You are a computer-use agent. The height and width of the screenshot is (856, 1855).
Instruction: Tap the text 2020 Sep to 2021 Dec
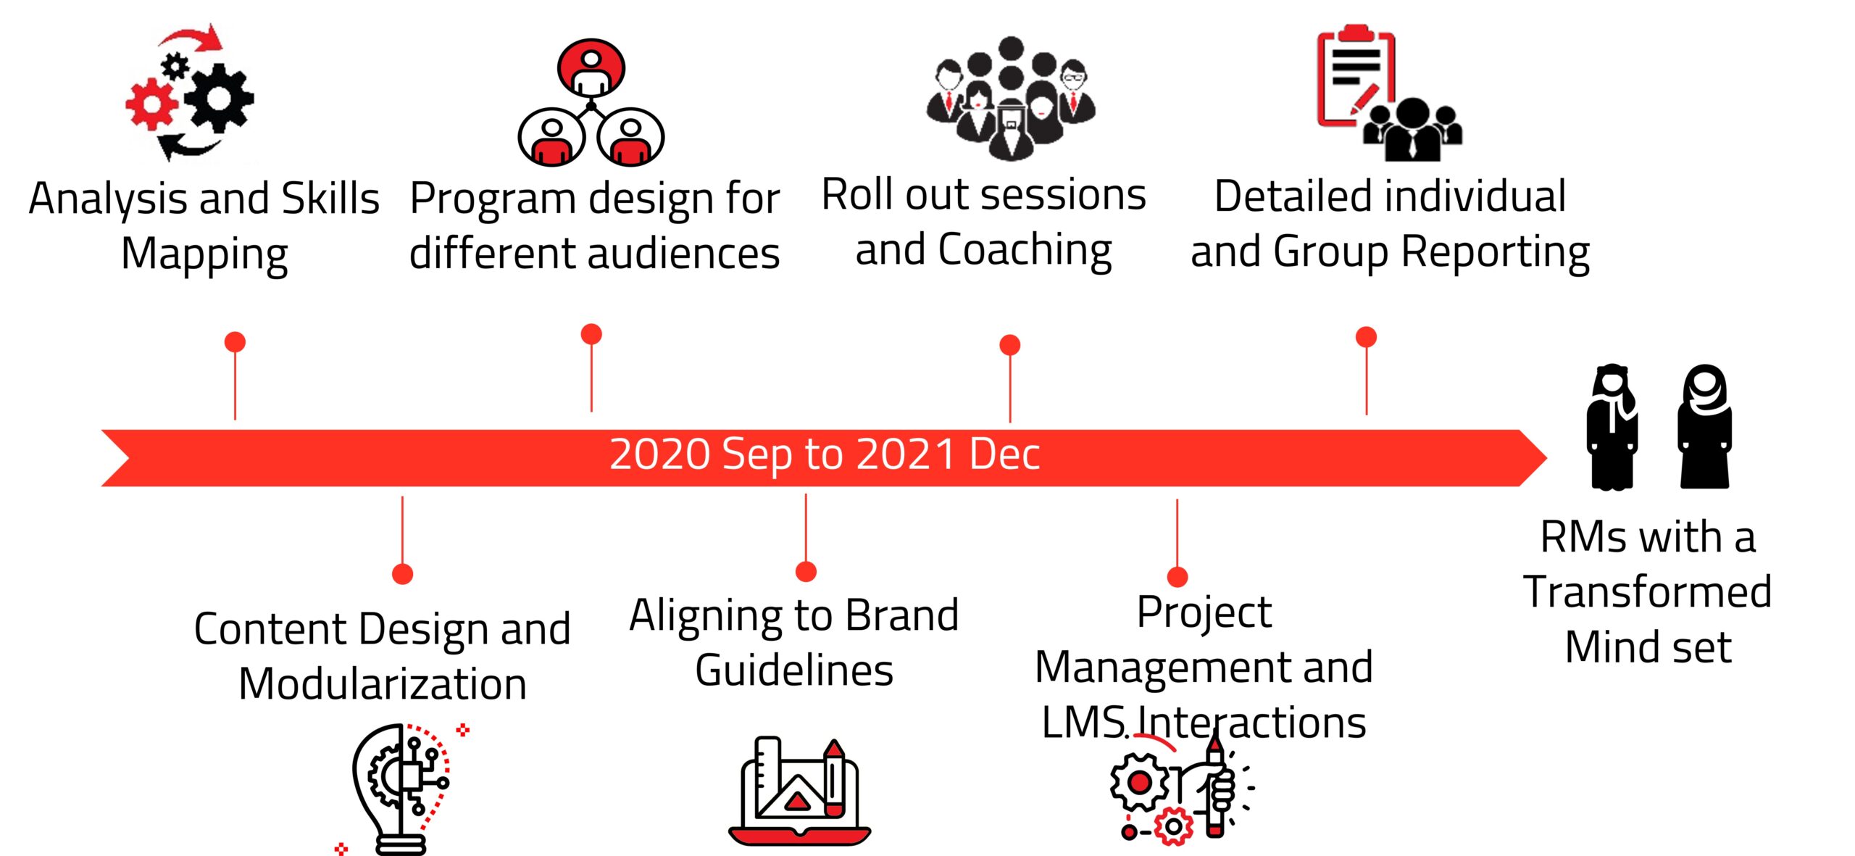coord(825,454)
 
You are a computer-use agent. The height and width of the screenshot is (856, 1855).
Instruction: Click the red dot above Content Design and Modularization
coord(402,574)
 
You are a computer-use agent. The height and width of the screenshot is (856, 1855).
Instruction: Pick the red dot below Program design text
coord(591,333)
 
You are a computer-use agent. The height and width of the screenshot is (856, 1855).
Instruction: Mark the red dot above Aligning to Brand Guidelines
coord(806,571)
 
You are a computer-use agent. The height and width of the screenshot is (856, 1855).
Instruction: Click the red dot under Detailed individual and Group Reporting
coord(1366,336)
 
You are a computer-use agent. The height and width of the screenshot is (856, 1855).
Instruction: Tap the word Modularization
coord(383,684)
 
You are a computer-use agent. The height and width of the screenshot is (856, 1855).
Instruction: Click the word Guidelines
coord(794,670)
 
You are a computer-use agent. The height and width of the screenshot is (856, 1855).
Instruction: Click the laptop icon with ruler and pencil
coord(799,791)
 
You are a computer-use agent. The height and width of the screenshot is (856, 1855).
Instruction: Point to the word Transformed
coord(1648,592)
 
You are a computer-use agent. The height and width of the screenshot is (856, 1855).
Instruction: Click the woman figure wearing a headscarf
coord(1704,426)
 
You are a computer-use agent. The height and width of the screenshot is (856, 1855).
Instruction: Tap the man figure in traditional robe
coord(1612,427)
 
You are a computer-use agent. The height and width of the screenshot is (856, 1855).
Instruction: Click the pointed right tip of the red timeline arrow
coord(1547,458)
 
